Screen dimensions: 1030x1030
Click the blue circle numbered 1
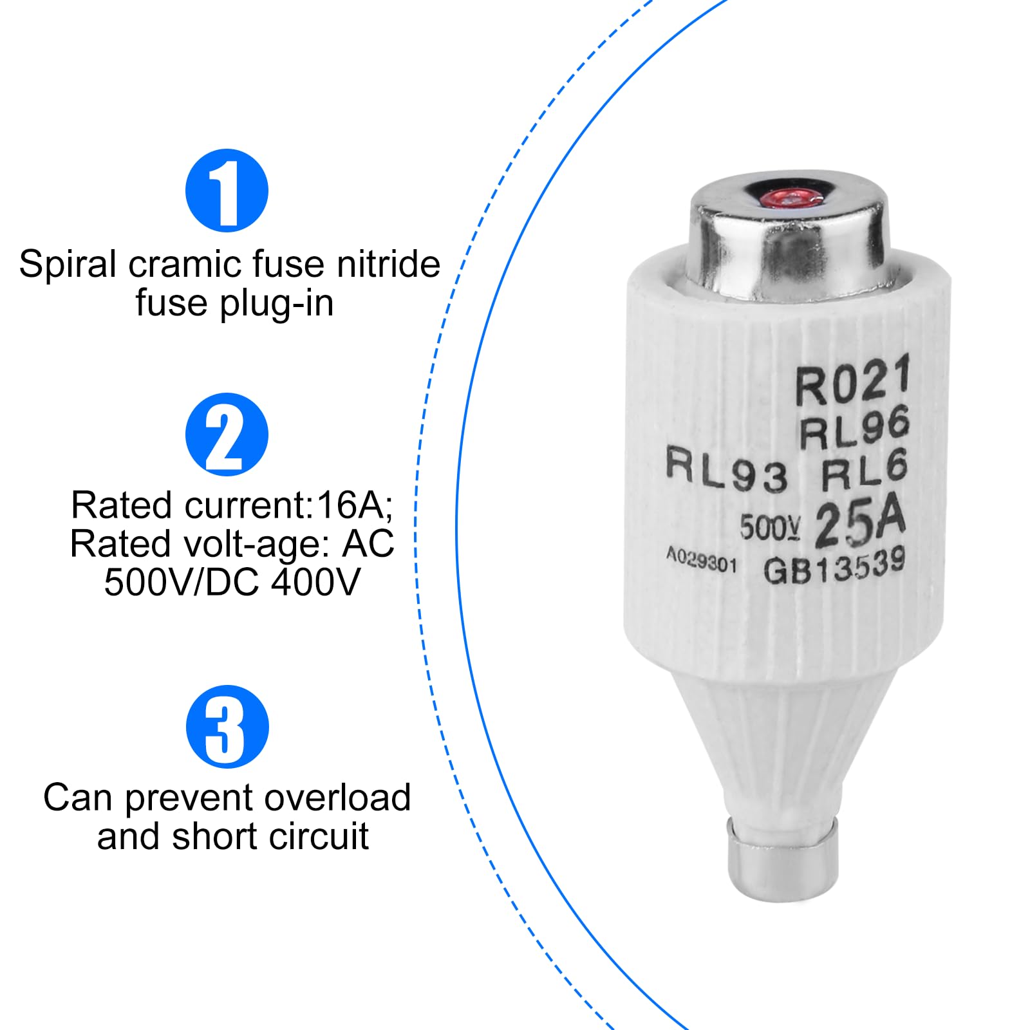pos(227,191)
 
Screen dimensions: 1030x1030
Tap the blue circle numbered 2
pos(227,435)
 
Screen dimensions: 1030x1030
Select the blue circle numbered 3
pos(227,727)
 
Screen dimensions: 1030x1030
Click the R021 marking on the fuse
pos(852,381)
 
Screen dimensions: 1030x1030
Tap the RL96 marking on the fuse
pos(854,427)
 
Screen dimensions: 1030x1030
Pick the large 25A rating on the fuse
pos(860,523)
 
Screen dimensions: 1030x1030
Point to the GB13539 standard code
pos(834,566)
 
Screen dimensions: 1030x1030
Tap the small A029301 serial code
pos(701,561)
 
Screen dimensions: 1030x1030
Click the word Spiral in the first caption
pos(68,265)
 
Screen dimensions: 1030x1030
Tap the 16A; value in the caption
pos(355,505)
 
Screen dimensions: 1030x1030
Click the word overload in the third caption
pos(337,798)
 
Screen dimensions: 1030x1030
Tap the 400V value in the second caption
pos(315,583)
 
